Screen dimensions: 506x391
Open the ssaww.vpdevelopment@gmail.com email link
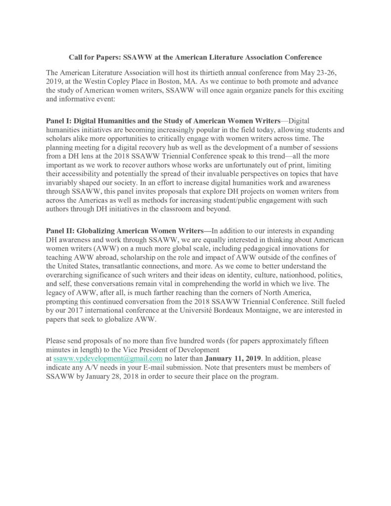(108, 358)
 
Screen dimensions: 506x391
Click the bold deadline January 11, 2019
(235, 358)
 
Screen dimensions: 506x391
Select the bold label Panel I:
(59, 121)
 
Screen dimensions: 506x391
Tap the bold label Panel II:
(60, 231)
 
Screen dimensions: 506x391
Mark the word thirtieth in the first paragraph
(207, 71)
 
